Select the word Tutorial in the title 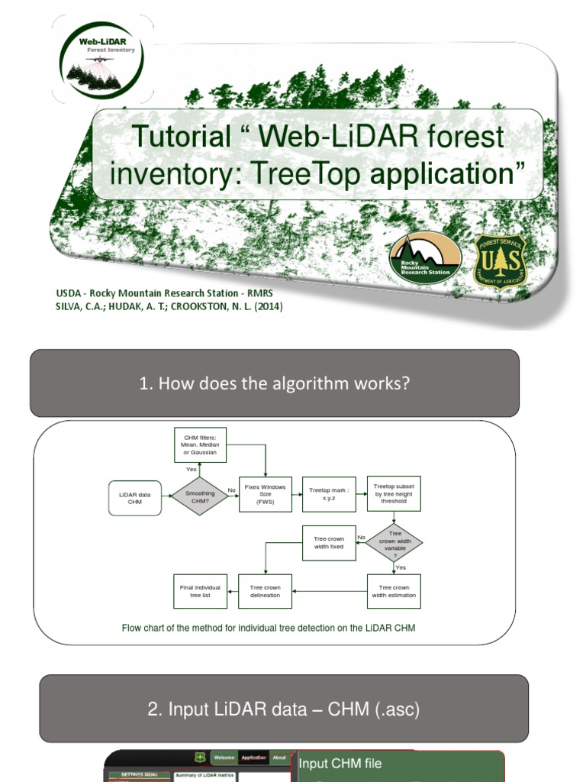(x=181, y=137)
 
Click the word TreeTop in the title (x=304, y=174)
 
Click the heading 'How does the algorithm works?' (x=275, y=383)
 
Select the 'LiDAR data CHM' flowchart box (x=135, y=497)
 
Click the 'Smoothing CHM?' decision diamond (x=200, y=496)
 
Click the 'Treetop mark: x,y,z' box (x=329, y=493)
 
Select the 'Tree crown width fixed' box (x=329, y=543)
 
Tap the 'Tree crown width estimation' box (x=394, y=591)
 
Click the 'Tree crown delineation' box (x=265, y=591)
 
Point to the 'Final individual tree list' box (x=200, y=591)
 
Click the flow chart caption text (x=269, y=628)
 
